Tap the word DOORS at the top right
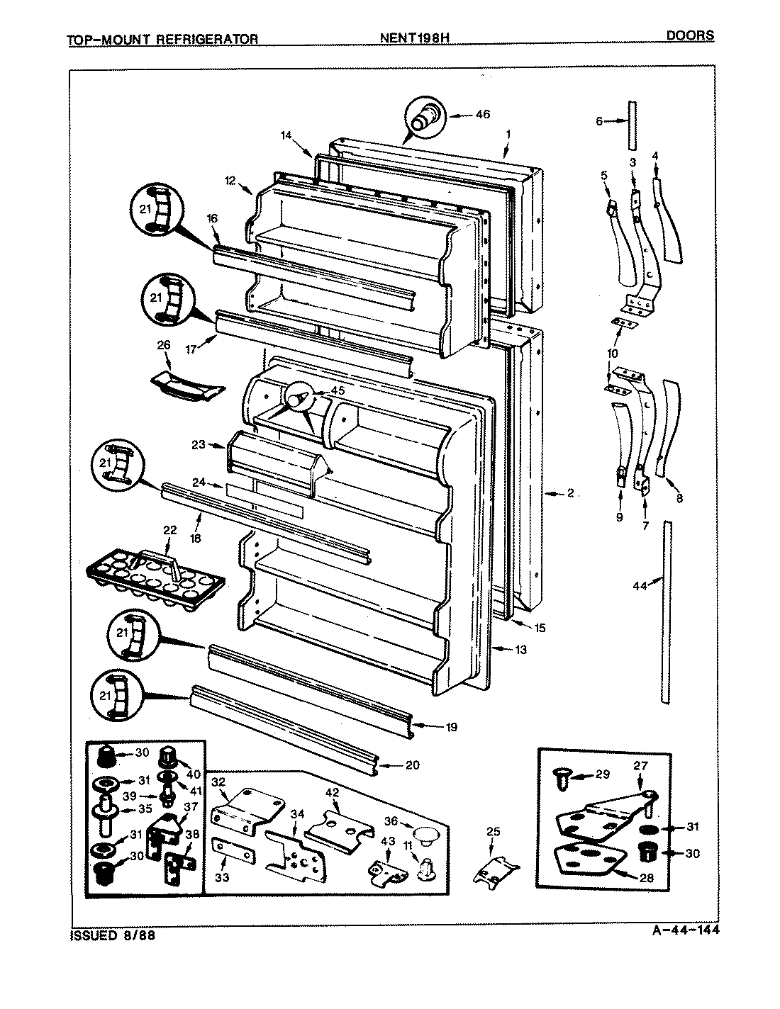(x=690, y=35)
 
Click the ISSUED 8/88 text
(x=111, y=935)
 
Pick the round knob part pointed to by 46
(x=425, y=116)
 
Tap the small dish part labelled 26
(x=186, y=385)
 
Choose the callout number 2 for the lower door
(x=569, y=493)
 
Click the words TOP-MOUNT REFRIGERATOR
(x=162, y=40)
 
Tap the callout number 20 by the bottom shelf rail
(x=413, y=765)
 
